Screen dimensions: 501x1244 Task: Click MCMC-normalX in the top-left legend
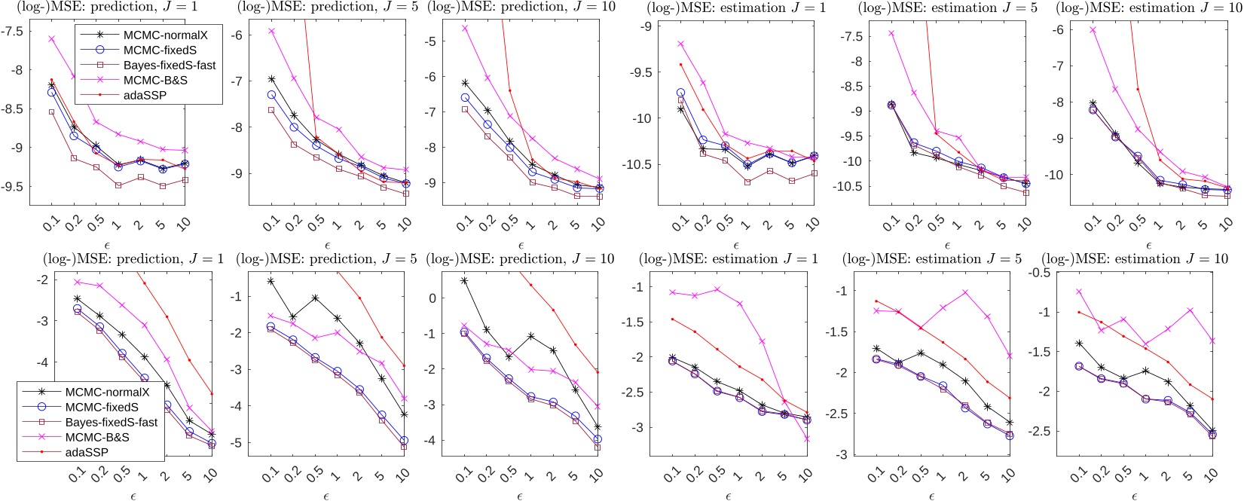165,35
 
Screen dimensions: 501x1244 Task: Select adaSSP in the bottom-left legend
87,452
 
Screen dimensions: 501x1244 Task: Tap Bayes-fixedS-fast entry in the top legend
170,65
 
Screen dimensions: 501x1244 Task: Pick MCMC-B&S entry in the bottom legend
97,437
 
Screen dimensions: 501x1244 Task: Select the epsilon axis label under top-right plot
1148,246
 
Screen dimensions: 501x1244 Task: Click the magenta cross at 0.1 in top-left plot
52,38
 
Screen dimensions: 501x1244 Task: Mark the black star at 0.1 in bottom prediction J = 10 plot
464,280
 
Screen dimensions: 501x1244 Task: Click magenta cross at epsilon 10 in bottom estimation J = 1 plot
807,438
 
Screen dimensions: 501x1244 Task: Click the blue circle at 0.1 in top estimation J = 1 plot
680,93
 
